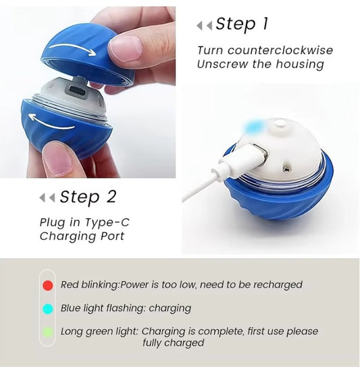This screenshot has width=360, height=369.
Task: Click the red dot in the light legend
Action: click(47, 285)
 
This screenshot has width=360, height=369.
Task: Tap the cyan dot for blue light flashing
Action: click(47, 308)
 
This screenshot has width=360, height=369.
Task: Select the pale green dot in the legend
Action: click(47, 332)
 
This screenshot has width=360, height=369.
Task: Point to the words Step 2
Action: click(88, 197)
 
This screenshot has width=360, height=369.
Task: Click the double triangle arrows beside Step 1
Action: click(203, 26)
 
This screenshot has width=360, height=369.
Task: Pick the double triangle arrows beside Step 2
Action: click(47, 198)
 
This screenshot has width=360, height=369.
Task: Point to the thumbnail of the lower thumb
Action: click(56, 161)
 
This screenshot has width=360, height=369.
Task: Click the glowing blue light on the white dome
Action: click(257, 126)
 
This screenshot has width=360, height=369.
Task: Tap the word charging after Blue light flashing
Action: click(170, 308)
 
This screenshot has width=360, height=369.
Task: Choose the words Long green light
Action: click(99, 332)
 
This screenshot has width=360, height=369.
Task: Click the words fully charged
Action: click(173, 343)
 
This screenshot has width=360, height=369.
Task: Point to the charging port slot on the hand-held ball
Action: click(79, 84)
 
